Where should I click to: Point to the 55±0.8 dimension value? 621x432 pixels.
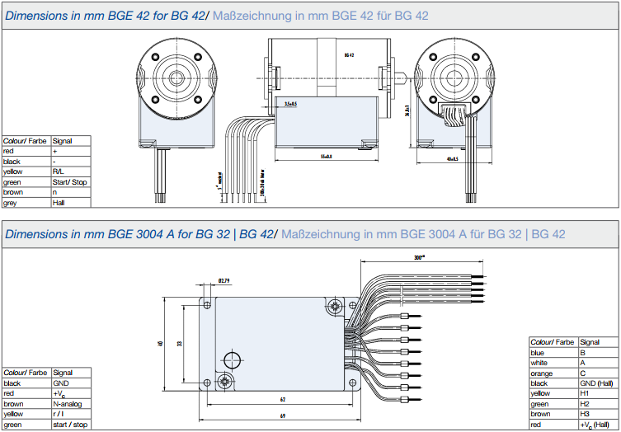point(326,156)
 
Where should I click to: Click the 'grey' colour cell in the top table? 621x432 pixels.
point(26,203)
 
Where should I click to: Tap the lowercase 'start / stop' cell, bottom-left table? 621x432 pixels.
point(69,425)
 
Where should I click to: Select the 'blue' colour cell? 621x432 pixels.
point(553,352)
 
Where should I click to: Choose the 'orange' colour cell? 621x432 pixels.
point(553,373)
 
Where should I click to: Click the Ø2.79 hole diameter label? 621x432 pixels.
point(223,281)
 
